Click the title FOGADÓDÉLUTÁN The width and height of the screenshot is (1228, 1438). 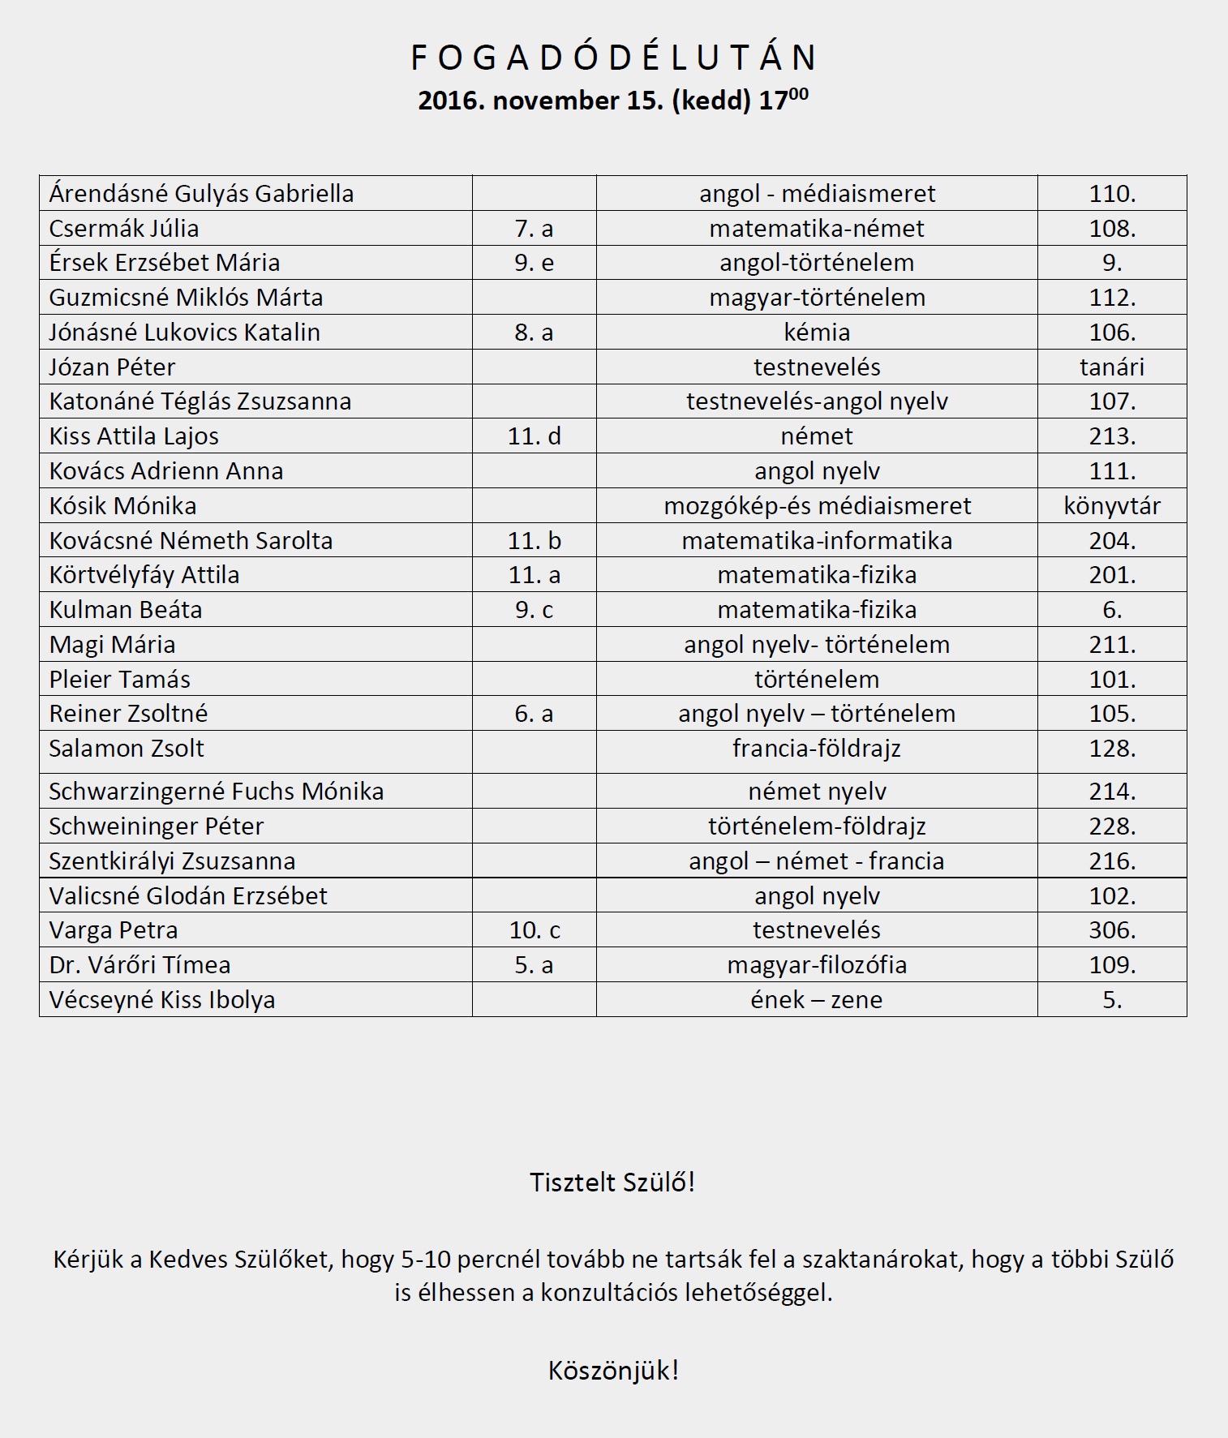(x=613, y=58)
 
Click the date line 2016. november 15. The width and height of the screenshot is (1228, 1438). (x=613, y=101)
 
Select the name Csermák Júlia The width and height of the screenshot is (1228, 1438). (x=124, y=229)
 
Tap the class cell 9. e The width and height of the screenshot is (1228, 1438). (x=534, y=263)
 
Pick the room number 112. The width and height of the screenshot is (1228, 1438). (x=1112, y=298)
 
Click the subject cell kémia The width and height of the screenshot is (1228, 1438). (x=817, y=333)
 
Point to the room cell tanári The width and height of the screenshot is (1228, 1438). (x=1112, y=367)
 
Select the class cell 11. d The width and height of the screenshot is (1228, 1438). (x=534, y=436)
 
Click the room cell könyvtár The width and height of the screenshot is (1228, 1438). (x=1112, y=506)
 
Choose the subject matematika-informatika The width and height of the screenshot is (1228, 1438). (x=817, y=541)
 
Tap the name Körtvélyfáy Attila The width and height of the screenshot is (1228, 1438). (x=144, y=575)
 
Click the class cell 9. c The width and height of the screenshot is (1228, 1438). (x=534, y=610)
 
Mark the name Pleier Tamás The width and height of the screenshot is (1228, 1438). (x=120, y=680)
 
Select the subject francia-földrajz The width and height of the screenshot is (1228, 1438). (x=817, y=749)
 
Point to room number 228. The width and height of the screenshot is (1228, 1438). (x=1112, y=826)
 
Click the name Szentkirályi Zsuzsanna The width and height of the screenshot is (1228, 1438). (x=172, y=861)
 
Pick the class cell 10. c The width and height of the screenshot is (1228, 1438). (x=534, y=930)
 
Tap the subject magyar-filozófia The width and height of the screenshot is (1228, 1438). (x=817, y=965)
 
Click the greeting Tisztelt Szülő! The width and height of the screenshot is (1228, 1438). (x=612, y=1183)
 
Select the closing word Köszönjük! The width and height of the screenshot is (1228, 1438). (x=613, y=1371)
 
